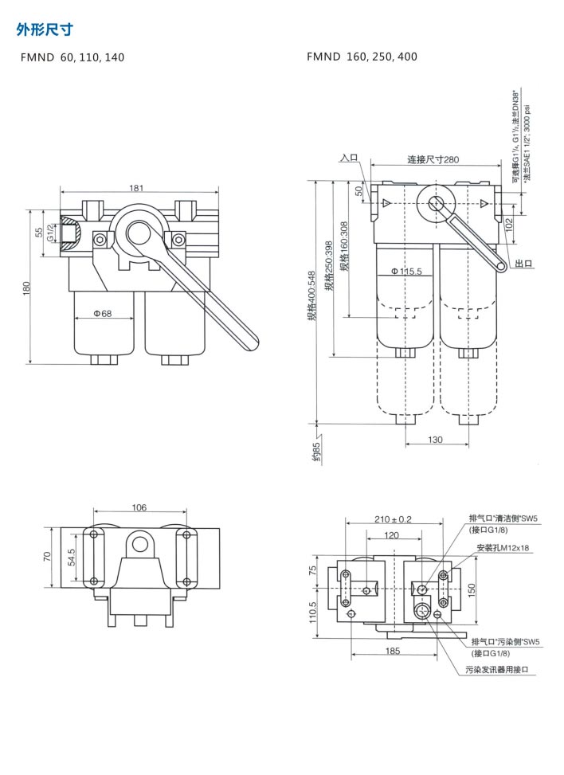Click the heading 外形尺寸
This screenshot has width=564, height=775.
point(45,30)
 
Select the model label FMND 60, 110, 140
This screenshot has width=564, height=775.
point(72,57)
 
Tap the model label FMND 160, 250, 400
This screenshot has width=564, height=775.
point(362,57)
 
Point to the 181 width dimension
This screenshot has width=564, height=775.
point(136,188)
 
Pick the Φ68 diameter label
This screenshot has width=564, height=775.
point(102,313)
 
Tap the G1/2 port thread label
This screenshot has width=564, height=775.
point(49,232)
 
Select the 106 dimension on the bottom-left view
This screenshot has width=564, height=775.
point(139,507)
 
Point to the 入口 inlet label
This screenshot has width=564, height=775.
point(349,158)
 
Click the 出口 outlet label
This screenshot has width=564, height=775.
point(523,264)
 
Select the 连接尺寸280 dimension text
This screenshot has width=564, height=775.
point(433,159)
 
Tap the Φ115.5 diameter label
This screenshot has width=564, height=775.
point(406,272)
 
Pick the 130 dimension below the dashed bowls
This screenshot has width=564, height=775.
point(435,439)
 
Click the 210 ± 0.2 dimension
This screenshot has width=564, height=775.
point(393,519)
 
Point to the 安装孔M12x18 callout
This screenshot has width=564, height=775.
point(503,548)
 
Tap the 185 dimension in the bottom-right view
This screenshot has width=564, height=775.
point(392,651)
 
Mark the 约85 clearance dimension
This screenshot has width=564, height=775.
point(316,452)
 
